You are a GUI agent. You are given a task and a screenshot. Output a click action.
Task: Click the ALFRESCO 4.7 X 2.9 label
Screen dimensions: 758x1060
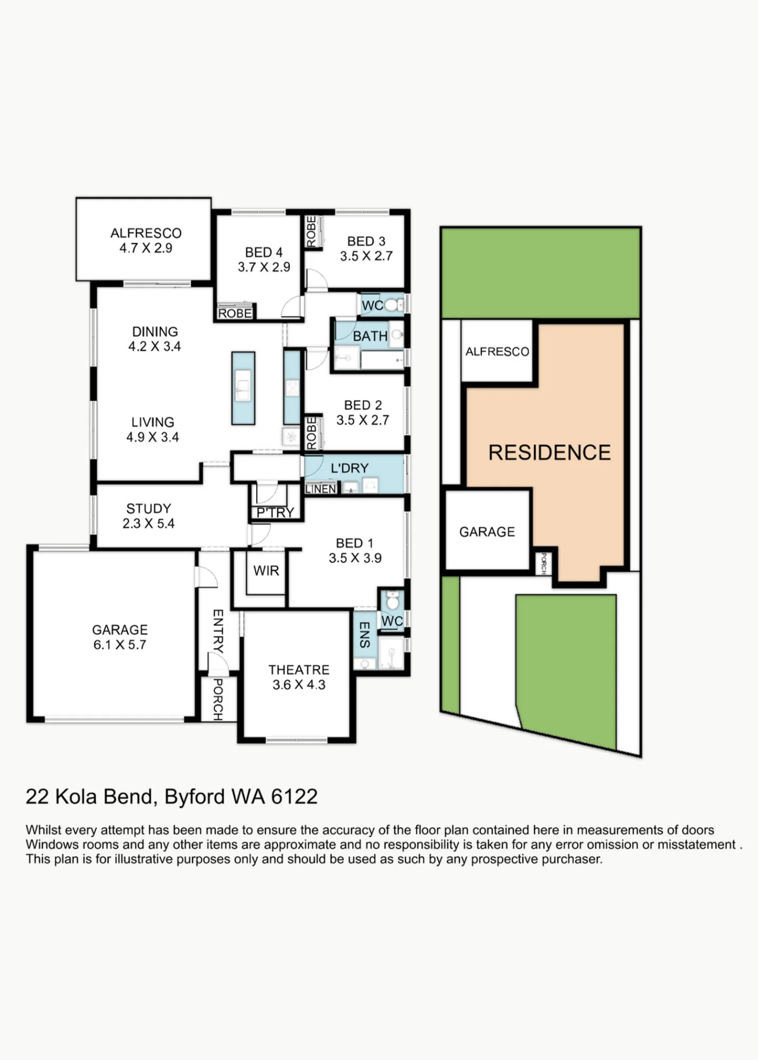pos(146,240)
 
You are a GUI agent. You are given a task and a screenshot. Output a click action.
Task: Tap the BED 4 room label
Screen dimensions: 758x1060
pos(264,252)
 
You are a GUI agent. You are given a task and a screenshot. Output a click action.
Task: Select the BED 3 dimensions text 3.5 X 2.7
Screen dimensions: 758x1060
pos(366,256)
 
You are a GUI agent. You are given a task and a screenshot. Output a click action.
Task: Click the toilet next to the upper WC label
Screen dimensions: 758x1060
pos(391,305)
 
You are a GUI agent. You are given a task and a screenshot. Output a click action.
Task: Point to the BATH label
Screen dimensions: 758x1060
pos(370,336)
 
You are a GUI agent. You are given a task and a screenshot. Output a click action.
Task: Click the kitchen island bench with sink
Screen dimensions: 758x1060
pos(243,388)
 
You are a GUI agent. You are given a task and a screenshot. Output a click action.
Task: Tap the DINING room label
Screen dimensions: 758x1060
pos(155,332)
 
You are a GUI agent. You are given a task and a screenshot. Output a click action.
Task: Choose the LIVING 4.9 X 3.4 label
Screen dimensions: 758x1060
pos(153,430)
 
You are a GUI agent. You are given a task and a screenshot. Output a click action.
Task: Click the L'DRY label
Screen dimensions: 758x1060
pos(349,468)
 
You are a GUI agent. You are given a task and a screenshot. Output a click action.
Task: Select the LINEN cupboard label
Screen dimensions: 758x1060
pos(320,489)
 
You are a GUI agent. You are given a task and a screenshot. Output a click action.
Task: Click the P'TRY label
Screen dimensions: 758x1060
pos(275,513)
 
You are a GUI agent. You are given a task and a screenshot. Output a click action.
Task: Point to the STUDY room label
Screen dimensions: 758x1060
pos(149,509)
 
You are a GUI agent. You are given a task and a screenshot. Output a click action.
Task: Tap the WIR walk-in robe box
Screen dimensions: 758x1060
pos(266,572)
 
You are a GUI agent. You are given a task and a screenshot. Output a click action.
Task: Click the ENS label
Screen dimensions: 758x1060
pos(364,634)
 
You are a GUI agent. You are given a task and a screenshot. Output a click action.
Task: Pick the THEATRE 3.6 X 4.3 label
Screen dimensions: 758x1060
pos(299,677)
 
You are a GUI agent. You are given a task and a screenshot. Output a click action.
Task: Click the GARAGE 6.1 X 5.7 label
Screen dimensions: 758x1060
pos(120,637)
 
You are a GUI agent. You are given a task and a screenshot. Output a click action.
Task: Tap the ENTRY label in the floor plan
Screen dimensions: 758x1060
pos(218,631)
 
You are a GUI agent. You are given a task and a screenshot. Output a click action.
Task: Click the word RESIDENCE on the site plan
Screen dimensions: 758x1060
pos(550,453)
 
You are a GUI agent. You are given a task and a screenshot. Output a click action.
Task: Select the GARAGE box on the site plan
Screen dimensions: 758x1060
pos(487,530)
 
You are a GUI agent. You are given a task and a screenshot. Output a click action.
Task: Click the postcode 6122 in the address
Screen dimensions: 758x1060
pos(294,797)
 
